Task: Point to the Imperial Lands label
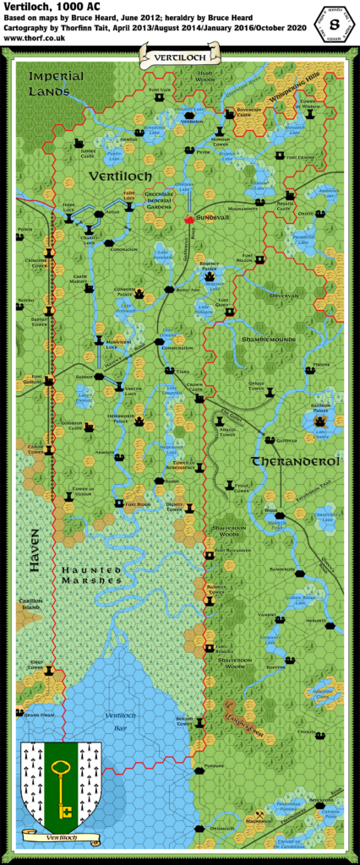pos(56,83)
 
